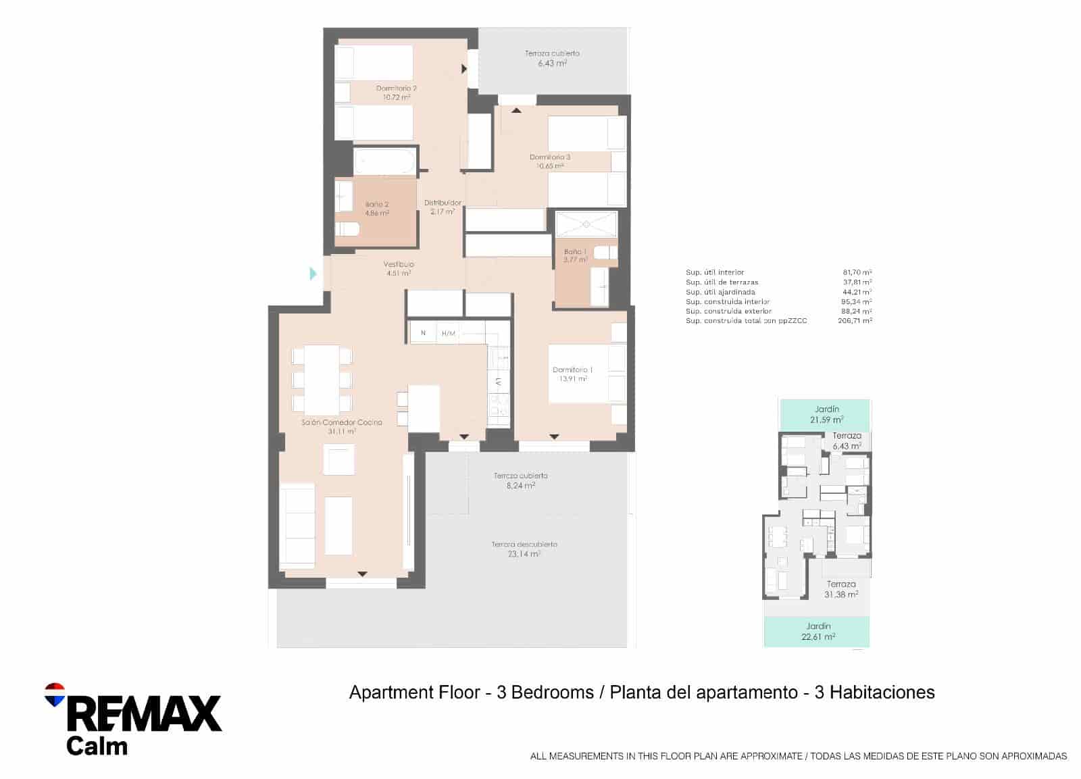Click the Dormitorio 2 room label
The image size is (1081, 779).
pos(396,93)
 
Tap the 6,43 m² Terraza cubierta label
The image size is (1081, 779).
pos(552,58)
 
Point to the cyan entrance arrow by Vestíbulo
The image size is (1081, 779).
pos(313,274)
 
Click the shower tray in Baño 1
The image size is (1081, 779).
pos(586,224)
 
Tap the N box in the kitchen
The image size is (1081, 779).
pos(423,332)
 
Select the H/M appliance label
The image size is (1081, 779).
pos(448,333)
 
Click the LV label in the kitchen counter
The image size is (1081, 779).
pos(499,382)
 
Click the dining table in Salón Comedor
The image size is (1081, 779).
pos(322,379)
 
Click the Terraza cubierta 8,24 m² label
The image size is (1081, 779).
pos(520,480)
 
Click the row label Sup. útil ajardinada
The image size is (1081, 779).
pos(720,292)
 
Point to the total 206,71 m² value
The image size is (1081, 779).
pos(854,321)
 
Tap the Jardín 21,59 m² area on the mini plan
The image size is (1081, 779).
pos(826,414)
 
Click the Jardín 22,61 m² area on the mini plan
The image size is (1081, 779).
pos(818,631)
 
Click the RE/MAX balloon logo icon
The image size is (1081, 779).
pos(55,694)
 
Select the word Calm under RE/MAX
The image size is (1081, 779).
pos(97,746)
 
